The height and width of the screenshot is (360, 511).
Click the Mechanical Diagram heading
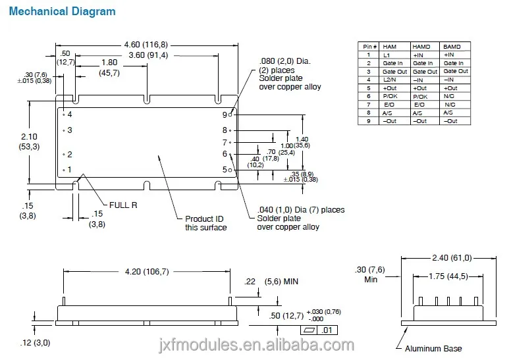point(63,11)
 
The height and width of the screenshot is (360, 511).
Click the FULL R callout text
point(123,205)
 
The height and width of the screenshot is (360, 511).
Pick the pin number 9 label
point(225,115)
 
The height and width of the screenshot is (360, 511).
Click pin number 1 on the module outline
point(68,170)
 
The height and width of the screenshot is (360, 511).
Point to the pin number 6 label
point(225,154)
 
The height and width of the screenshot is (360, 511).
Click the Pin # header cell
point(367,47)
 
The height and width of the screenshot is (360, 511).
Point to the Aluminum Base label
point(433,348)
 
